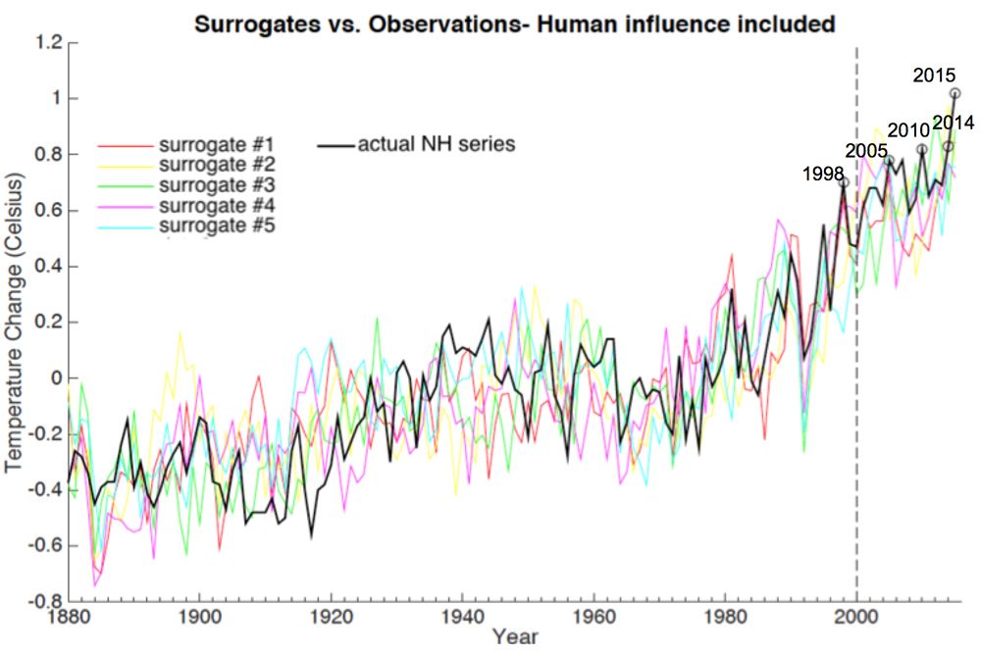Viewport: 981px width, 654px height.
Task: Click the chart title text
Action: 514,25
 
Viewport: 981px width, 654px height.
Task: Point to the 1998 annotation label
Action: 823,175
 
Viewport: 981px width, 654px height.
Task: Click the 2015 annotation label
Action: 934,75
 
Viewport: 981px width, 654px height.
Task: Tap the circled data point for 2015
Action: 955,93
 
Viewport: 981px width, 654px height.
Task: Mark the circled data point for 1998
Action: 844,183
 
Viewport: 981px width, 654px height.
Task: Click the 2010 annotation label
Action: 908,131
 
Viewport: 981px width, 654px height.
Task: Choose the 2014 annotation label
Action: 952,123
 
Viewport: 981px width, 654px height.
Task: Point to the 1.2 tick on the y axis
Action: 49,42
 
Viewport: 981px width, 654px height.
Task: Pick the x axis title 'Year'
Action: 515,637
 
